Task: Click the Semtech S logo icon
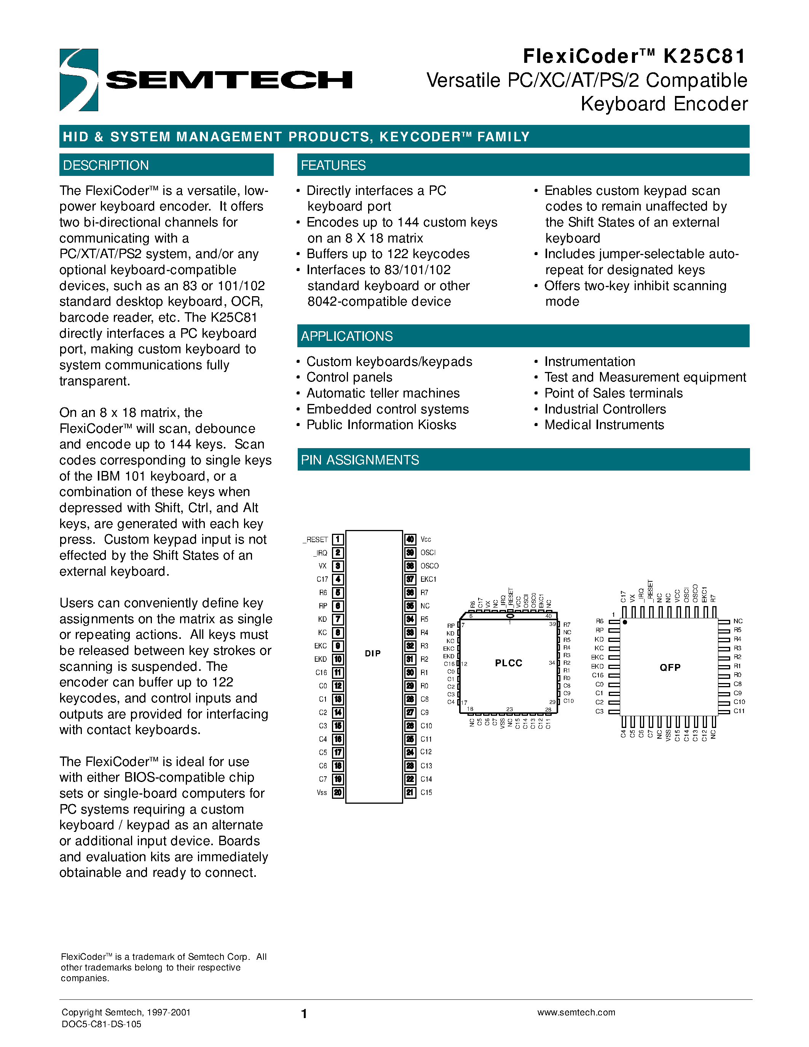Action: coord(78,80)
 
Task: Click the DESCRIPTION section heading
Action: coord(106,165)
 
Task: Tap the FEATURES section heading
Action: coord(333,165)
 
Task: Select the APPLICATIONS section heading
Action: coord(346,336)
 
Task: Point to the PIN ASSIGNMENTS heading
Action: coord(359,460)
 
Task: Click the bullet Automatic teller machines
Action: coord(383,393)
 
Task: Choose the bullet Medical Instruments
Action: coord(604,425)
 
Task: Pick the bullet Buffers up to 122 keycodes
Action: coord(387,254)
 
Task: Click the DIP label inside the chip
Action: coord(373,653)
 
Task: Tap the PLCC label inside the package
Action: coord(509,663)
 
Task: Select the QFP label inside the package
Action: coord(670,667)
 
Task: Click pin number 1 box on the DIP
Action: coord(338,539)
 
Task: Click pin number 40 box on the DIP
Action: coord(410,539)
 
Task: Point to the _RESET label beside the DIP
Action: coord(315,540)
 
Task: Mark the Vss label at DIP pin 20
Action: coord(322,792)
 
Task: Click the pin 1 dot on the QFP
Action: coord(625,622)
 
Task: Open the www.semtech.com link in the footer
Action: coord(576,1012)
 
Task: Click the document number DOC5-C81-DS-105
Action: coord(101,1024)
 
